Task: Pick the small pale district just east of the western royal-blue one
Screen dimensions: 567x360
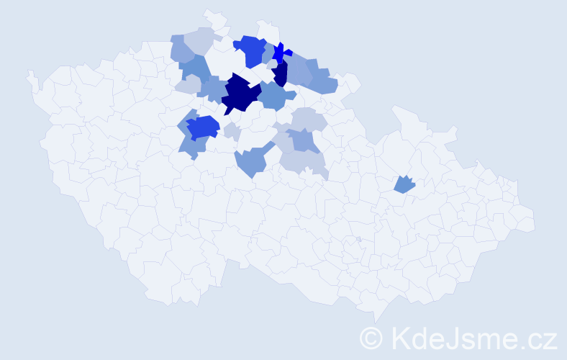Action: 232,131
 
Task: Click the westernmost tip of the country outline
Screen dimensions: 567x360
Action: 30,73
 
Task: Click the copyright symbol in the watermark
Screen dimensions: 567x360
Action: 371,337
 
